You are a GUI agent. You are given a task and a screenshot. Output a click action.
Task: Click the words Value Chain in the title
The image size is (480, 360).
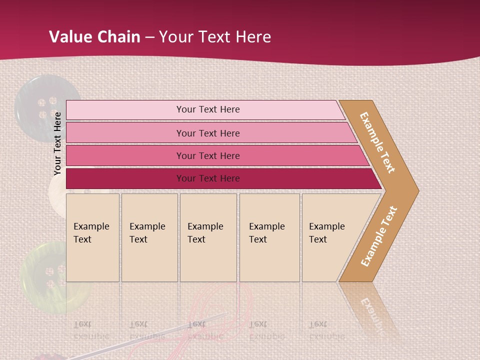pos(94,36)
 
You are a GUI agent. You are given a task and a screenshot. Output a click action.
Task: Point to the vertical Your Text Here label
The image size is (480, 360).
pos(57,143)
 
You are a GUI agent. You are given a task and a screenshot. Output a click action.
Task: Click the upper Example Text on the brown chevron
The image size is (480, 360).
pos(377,142)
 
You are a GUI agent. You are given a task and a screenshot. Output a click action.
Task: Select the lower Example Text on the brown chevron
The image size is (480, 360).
pos(378,236)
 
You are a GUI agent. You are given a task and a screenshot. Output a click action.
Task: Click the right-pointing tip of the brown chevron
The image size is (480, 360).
pos(415,190)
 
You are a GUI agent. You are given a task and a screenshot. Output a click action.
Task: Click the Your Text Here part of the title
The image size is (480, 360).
pos(215,36)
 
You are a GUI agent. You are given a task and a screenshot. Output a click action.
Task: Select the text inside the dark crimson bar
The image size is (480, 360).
pos(208,178)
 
